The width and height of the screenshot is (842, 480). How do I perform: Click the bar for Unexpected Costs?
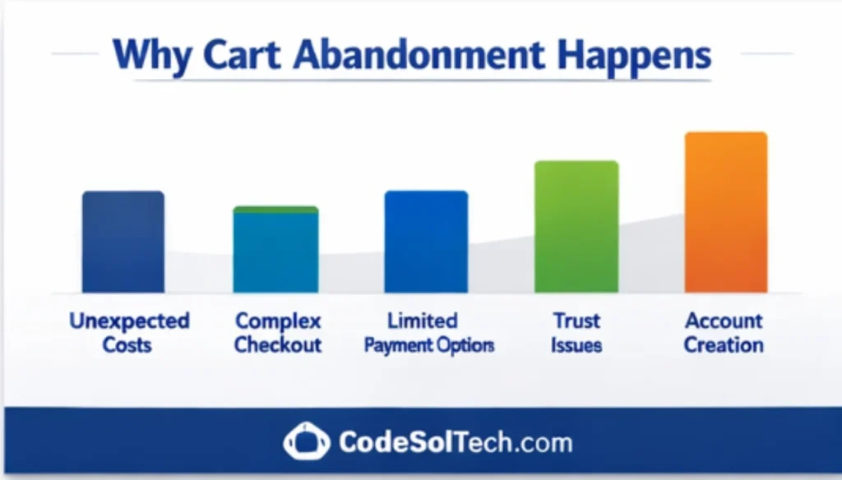[x=123, y=242]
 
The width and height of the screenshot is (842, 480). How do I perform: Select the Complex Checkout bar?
[x=275, y=250]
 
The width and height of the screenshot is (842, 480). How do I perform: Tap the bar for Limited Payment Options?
[x=426, y=242]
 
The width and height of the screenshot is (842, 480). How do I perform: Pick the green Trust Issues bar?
[x=576, y=227]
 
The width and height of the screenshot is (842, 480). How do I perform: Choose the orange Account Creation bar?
[x=726, y=213]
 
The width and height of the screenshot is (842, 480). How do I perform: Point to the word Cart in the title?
[x=238, y=56]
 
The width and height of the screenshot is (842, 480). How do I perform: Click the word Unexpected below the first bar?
[x=129, y=321]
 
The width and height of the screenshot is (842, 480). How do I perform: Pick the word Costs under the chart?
[x=127, y=344]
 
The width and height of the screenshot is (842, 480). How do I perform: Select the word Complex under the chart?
[x=278, y=321]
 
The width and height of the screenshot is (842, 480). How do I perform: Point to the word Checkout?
[x=278, y=344]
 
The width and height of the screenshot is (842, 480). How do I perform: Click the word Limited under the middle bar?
[x=423, y=321]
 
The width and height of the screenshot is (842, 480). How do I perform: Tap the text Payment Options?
[x=429, y=345]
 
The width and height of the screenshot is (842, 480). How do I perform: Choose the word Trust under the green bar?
[x=576, y=321]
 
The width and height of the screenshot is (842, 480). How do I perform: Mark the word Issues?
[x=576, y=344]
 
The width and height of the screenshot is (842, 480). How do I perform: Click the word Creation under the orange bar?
[x=724, y=344]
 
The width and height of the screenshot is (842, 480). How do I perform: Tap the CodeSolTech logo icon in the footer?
[x=306, y=443]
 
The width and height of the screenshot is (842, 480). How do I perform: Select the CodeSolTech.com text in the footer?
[x=455, y=443]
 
